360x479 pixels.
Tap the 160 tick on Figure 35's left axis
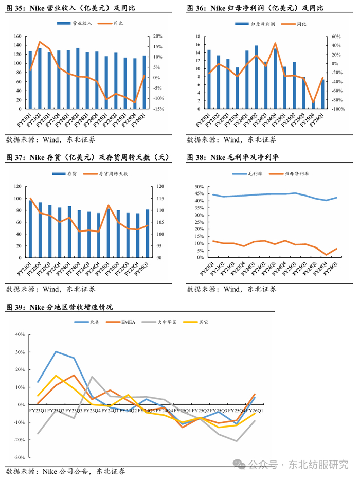[17, 37]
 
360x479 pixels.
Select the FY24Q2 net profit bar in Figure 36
[256, 77]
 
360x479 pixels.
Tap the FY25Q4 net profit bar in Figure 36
[313, 105]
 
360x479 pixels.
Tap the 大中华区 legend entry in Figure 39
[167, 322]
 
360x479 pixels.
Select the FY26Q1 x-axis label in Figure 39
[254, 411]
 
